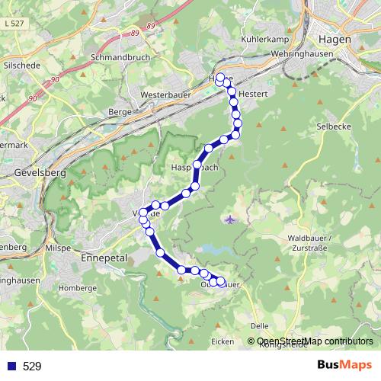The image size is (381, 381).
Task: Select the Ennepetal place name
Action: [x=101, y=258]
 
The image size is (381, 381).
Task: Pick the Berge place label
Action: [x=121, y=111]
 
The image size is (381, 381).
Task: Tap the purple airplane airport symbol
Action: [x=230, y=220]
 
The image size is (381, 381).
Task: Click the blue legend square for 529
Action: [x=10, y=367]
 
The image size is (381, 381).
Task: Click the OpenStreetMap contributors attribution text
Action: [x=315, y=341]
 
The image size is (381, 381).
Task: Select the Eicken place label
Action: [x=223, y=341]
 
